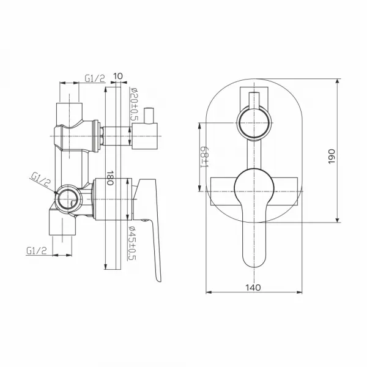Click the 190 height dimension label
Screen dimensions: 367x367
coord(332,157)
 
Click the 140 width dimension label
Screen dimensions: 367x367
coord(253,287)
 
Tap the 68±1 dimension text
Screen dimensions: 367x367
coord(204,157)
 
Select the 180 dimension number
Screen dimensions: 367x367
coord(109,177)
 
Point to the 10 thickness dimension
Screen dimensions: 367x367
coord(118,76)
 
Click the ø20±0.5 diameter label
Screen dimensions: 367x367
coord(135,104)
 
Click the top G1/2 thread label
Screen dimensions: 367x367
coord(95,78)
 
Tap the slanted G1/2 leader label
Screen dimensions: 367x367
coord(41,179)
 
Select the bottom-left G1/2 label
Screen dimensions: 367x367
coord(37,251)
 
